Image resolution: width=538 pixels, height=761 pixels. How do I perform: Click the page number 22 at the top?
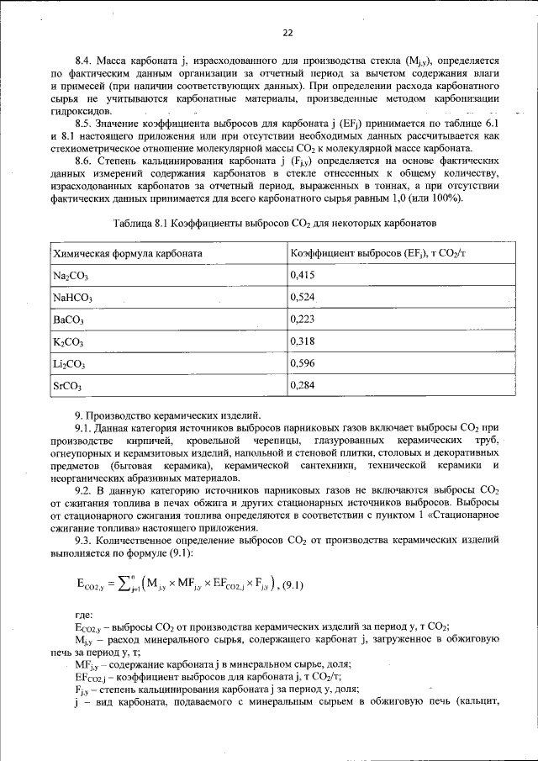pos(287,33)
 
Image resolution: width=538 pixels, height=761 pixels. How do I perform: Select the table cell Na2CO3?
pos(70,275)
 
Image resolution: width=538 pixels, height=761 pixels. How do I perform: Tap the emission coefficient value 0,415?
pos(303,274)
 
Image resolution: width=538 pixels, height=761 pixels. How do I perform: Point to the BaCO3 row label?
pos(70,320)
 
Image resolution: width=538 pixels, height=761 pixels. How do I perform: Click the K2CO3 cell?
pos(68,341)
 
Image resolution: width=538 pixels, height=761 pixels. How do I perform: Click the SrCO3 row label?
pos(69,386)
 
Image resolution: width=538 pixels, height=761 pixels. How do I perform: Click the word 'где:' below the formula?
pos(84,615)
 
